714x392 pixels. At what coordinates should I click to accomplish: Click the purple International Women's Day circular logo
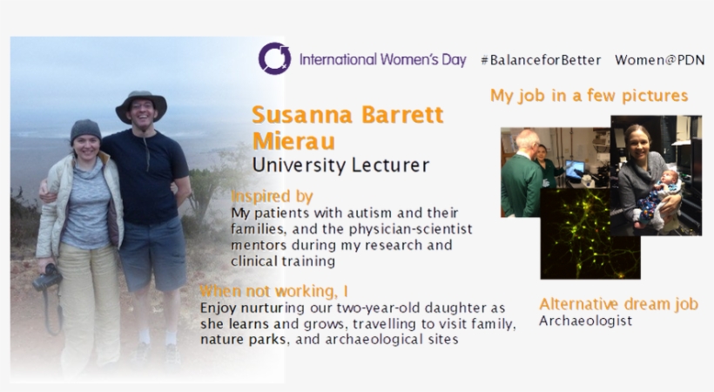tap(274, 58)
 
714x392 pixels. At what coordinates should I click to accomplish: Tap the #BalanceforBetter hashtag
tap(541, 60)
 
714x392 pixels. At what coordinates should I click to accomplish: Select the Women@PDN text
tap(660, 60)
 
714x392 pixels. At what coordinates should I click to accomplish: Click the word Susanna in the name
tap(302, 114)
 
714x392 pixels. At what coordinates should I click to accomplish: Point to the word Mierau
tap(293, 141)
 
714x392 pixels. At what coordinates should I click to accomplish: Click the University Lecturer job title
tap(340, 165)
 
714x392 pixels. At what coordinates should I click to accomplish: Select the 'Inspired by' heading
tap(272, 196)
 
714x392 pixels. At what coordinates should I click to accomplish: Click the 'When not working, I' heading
tap(273, 291)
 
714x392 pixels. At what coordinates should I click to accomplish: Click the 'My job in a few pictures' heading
tap(589, 96)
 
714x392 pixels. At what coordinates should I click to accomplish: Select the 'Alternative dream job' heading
tap(618, 303)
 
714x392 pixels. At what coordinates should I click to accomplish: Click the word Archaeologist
tap(586, 321)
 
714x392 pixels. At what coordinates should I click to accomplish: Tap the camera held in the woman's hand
tap(46, 278)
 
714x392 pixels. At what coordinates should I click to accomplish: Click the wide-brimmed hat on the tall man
tap(141, 105)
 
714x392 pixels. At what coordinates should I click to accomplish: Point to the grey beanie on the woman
tap(85, 130)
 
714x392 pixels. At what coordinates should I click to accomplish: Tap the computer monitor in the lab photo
tap(574, 169)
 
